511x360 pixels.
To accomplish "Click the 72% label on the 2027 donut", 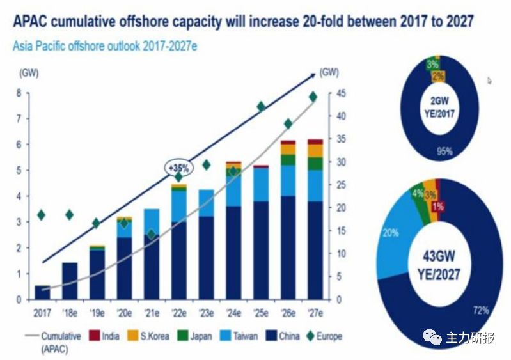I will pos(481,310).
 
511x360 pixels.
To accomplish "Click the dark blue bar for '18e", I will pos(69,281).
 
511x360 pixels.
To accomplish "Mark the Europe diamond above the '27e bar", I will pos(313,97).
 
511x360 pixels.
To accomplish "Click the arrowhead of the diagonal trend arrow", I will pos(313,74).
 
